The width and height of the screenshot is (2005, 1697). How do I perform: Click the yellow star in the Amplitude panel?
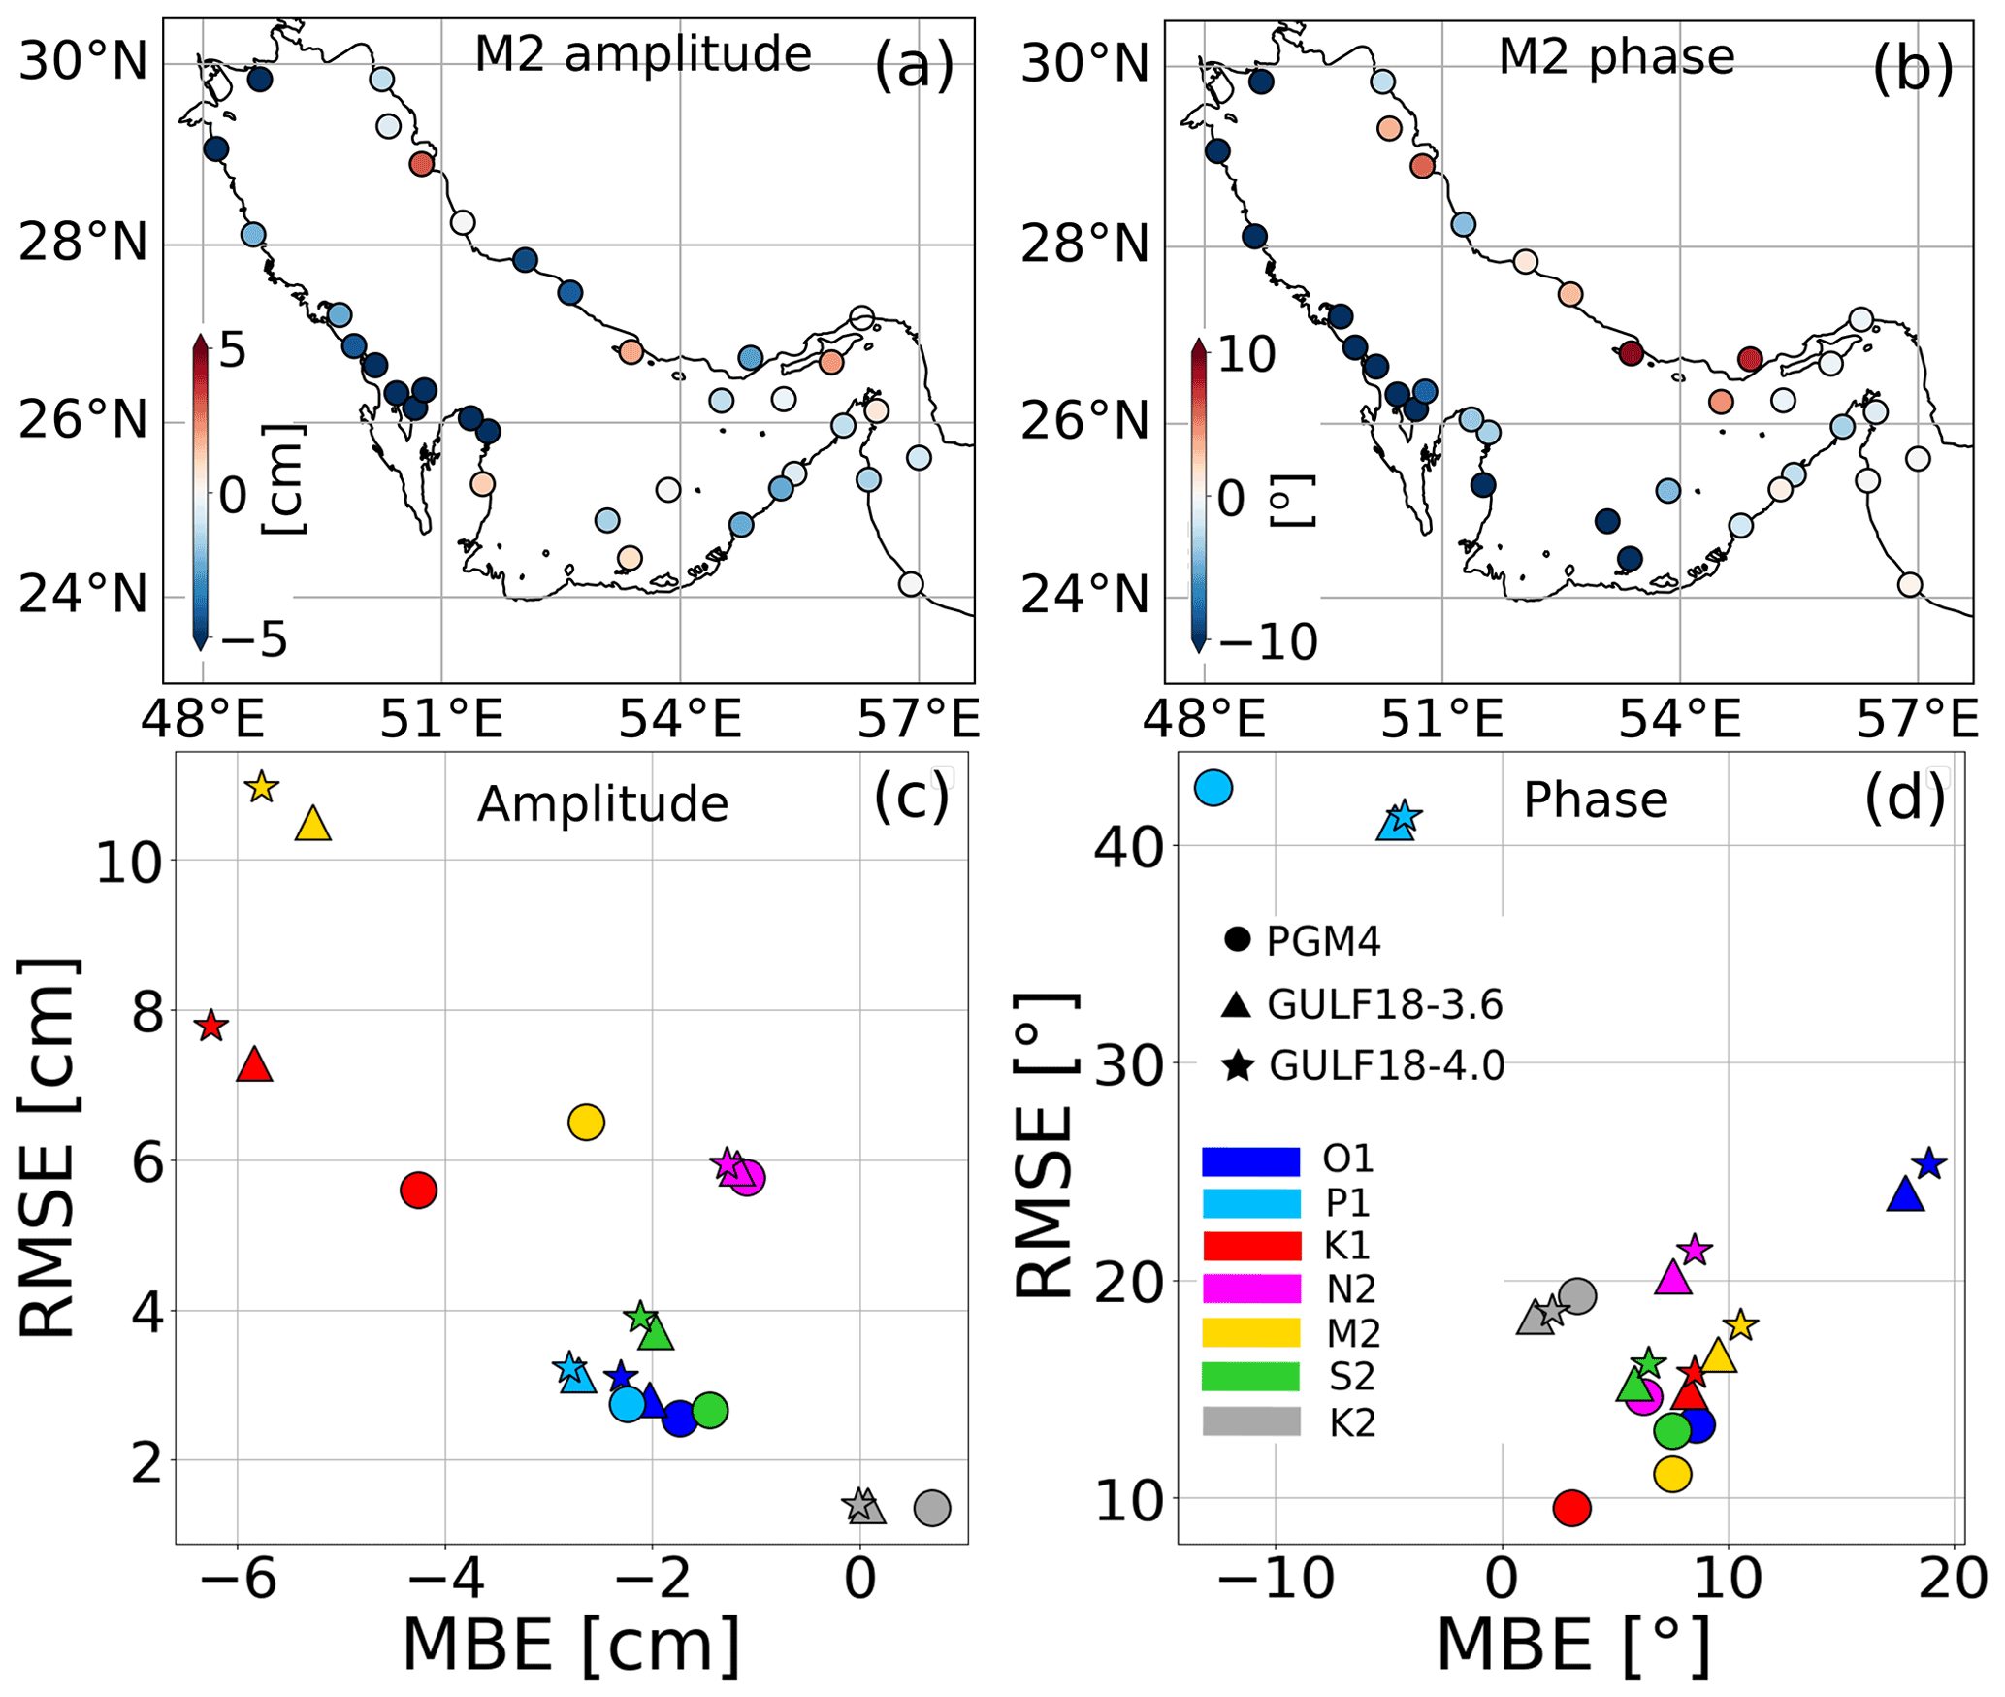[x=262, y=787]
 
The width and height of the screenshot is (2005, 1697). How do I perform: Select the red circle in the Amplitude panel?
[x=418, y=1190]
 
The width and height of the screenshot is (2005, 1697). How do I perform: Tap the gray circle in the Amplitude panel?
[x=932, y=1508]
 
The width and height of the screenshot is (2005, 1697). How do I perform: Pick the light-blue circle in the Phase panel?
[x=1213, y=788]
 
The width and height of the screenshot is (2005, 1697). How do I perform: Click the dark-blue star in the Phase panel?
[x=1929, y=1163]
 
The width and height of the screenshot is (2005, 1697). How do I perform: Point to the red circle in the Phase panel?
[x=1571, y=1508]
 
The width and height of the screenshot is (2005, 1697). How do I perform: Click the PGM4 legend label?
[x=1323, y=941]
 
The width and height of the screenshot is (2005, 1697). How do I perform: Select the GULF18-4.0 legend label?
[x=1386, y=1066]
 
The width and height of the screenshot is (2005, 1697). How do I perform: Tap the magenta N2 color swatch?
[x=1251, y=1289]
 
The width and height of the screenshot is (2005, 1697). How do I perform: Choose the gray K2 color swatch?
[x=1251, y=1421]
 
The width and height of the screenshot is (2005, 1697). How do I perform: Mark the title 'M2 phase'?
[x=1616, y=56]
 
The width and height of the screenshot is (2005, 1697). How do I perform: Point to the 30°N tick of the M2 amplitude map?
[x=84, y=63]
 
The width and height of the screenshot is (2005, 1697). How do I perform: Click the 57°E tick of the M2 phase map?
[x=1917, y=720]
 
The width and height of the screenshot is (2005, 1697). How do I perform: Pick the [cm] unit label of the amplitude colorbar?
[x=284, y=478]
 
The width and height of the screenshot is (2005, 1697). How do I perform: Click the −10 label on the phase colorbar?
[x=1268, y=642]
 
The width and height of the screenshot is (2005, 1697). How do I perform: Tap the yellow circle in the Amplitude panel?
[x=586, y=1123]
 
